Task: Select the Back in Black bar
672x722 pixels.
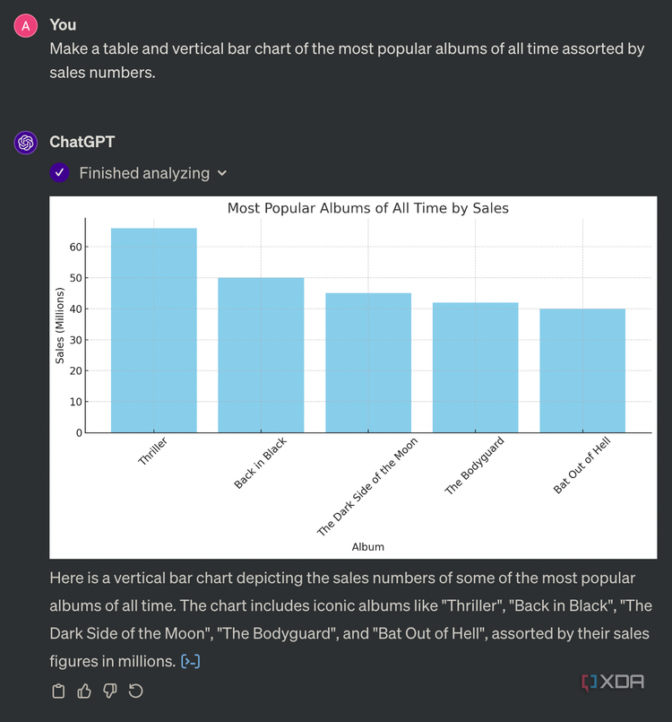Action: [x=261, y=355]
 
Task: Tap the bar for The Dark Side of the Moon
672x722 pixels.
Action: [x=368, y=362]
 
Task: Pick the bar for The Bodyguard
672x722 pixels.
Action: [x=475, y=368]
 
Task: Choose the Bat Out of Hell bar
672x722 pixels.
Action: [x=582, y=370]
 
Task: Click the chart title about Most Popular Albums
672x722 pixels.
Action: [x=367, y=208]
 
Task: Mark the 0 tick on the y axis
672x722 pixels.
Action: [x=78, y=433]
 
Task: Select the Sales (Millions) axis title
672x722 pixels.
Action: [x=60, y=326]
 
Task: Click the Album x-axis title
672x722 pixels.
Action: [x=367, y=546]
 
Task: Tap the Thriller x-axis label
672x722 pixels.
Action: [x=153, y=451]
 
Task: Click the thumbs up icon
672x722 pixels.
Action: [x=85, y=691]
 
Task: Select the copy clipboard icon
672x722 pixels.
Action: [x=59, y=691]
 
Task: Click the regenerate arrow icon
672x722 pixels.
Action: [x=136, y=691]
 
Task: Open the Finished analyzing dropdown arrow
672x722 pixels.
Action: [x=222, y=173]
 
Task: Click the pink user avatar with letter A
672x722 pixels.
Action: [x=25, y=25]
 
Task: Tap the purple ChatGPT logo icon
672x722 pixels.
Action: [x=25, y=142]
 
